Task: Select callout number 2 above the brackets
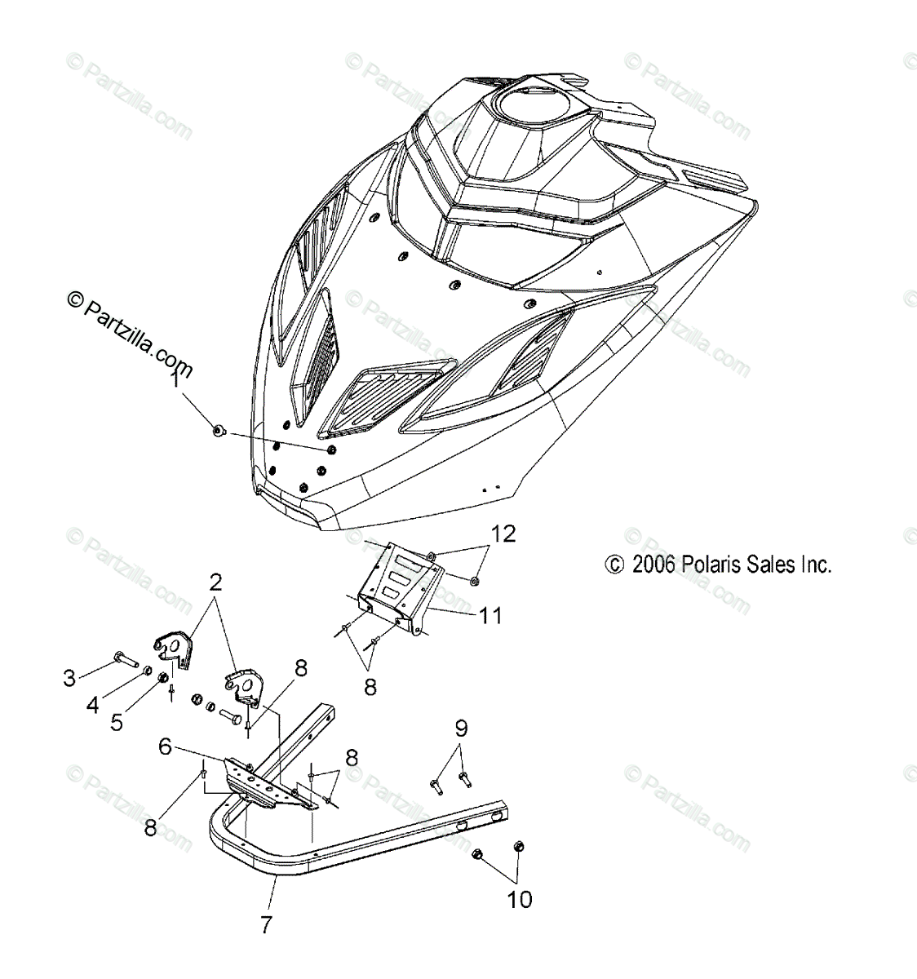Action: click(x=215, y=583)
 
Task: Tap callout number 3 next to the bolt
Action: click(x=69, y=676)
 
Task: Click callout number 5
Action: click(x=117, y=722)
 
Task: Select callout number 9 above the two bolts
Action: click(x=461, y=727)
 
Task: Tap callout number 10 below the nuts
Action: click(x=519, y=899)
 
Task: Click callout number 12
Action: click(x=503, y=534)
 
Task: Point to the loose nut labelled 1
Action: click(x=218, y=431)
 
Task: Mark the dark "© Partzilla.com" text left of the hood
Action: click(x=131, y=336)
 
